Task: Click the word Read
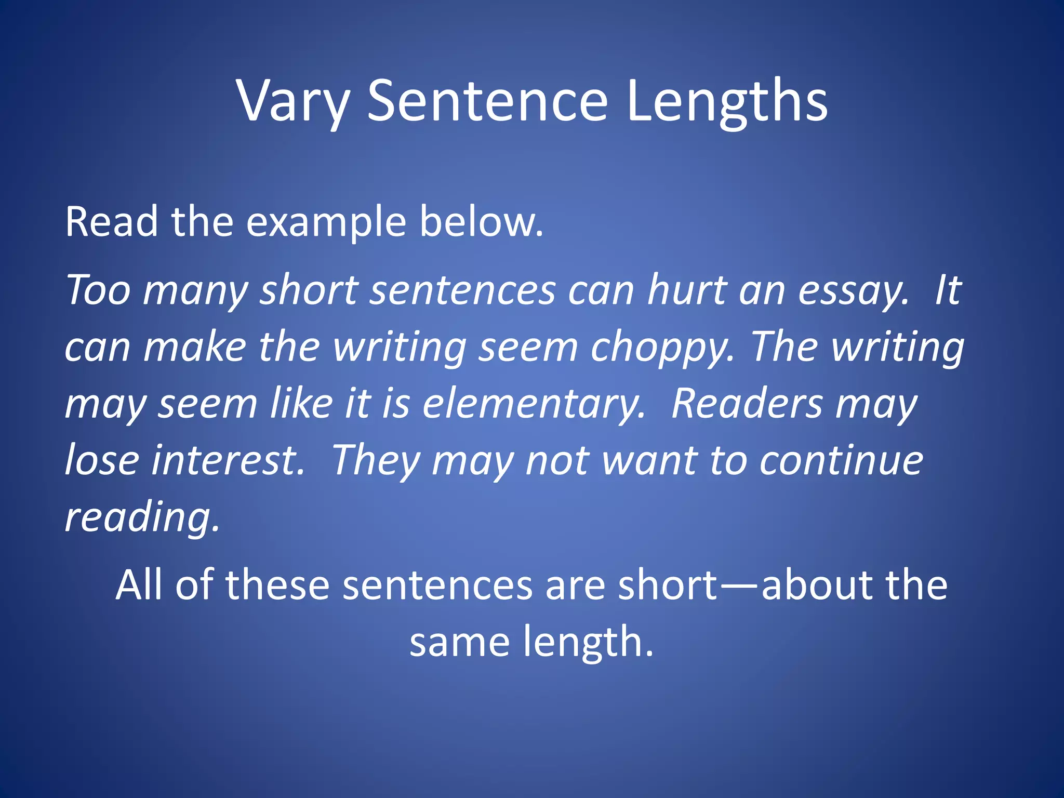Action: (111, 222)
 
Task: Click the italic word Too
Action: (98, 290)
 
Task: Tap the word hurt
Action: (686, 290)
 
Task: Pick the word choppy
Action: (662, 347)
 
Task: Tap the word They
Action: (376, 460)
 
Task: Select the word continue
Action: (841, 460)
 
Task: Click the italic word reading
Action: (142, 517)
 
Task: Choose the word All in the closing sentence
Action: (139, 585)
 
